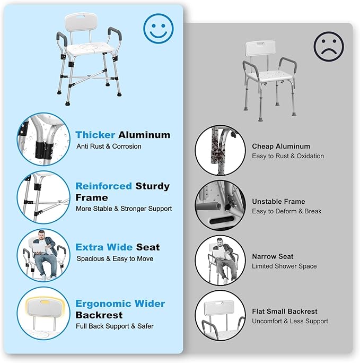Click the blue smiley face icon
click(x=158, y=28)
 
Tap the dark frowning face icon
click(x=328, y=46)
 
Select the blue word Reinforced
click(x=103, y=186)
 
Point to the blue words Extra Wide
click(x=104, y=247)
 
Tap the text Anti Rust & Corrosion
click(x=109, y=146)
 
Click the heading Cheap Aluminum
click(x=281, y=146)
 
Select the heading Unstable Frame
click(x=278, y=201)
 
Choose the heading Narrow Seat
click(x=273, y=256)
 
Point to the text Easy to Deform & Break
click(x=287, y=211)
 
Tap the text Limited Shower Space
click(x=284, y=266)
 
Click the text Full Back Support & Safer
click(x=115, y=326)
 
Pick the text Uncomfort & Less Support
click(x=290, y=321)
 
